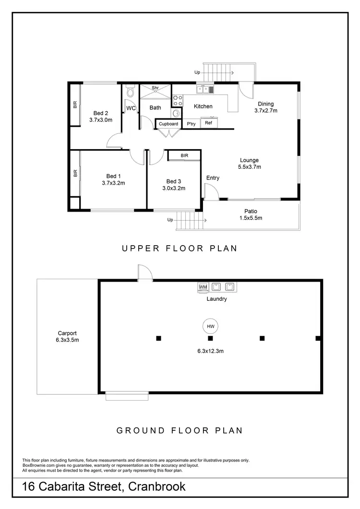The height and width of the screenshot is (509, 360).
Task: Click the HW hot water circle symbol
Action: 210,326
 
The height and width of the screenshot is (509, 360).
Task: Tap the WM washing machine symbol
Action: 203,287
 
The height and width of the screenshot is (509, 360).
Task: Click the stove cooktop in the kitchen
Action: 177,100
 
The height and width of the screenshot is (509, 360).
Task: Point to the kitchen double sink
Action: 205,89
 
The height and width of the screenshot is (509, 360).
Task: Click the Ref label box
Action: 208,123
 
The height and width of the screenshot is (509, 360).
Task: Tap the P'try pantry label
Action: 191,124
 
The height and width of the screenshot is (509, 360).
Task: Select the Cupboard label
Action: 168,124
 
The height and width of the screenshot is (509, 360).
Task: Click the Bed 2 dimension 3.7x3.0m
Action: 101,120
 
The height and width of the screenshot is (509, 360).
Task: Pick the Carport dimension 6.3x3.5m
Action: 68,340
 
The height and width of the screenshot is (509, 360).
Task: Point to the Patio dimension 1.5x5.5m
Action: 251,218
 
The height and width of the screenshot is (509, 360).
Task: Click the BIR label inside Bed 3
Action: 184,156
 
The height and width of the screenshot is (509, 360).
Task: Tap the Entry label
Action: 213,178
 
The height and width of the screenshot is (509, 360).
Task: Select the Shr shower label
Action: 155,88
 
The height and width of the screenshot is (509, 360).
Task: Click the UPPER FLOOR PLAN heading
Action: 180,249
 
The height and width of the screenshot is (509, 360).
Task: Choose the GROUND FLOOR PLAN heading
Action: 180,430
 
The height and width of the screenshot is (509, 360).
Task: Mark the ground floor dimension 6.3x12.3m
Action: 210,351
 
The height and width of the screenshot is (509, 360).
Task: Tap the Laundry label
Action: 216,299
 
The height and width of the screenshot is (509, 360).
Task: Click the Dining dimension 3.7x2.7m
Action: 266,110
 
